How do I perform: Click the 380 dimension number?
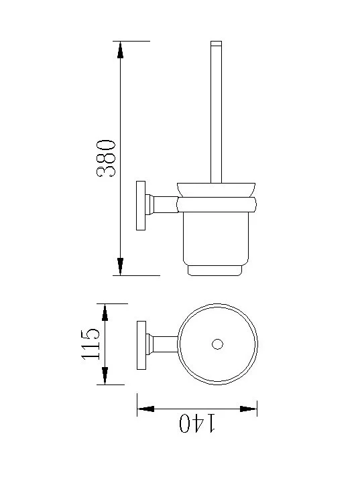[x=106, y=159]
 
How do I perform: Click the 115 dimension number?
[x=91, y=344]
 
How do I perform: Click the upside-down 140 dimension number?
[x=197, y=423]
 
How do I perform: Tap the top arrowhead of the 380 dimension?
[x=120, y=50]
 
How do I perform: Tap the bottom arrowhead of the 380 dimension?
[x=120, y=267]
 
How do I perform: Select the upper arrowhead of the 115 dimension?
[x=105, y=312]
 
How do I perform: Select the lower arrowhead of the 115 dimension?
[x=105, y=376]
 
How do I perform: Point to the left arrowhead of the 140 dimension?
[x=146, y=409]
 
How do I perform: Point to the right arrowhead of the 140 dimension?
[x=248, y=409]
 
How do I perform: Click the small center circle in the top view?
[x=217, y=344]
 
